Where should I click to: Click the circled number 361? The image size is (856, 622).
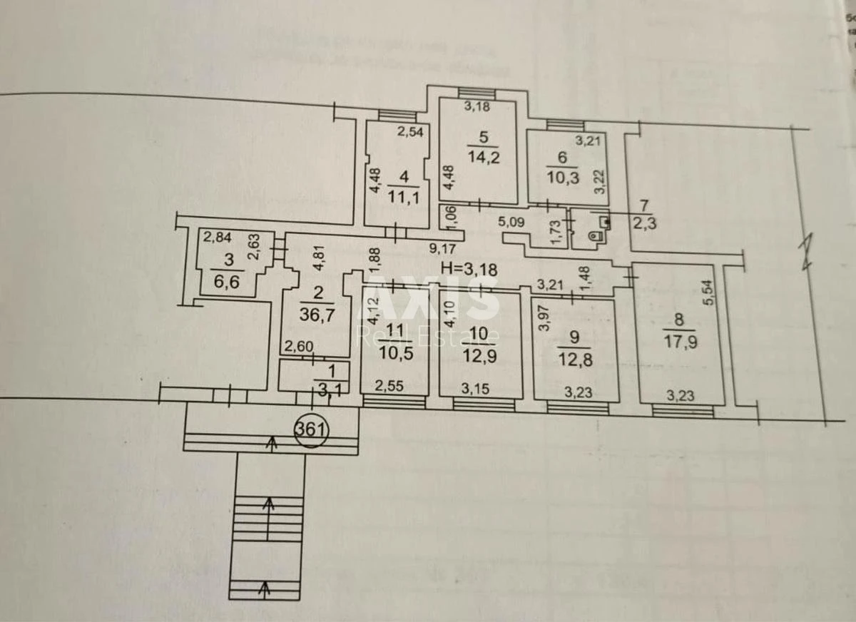coord(310,430)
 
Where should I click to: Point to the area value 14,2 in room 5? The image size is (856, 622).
coord(483,155)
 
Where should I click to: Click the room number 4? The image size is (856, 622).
coord(404,177)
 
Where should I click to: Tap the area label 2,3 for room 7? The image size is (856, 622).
coord(645,222)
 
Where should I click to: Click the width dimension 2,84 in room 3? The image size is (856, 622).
coord(217,238)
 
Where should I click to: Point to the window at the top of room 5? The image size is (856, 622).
coord(470,91)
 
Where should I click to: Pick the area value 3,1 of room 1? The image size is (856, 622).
coord(326,388)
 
